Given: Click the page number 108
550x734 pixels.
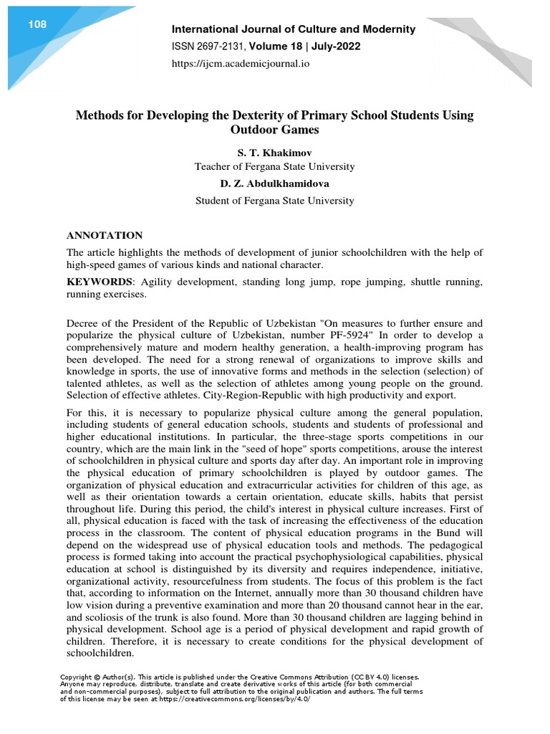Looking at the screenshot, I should [x=37, y=25].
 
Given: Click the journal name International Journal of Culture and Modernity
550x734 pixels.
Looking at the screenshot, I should [x=291, y=29].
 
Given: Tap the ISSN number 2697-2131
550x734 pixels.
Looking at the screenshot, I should [x=223, y=47].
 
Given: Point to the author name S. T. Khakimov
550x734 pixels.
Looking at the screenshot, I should [x=275, y=153].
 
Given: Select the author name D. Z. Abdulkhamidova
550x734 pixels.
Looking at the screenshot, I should [x=275, y=183].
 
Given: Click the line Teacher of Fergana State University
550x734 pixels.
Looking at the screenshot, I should [x=275, y=167].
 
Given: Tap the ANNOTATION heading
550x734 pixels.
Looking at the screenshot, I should [x=105, y=235].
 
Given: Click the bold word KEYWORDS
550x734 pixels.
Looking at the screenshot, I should [x=99, y=282].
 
